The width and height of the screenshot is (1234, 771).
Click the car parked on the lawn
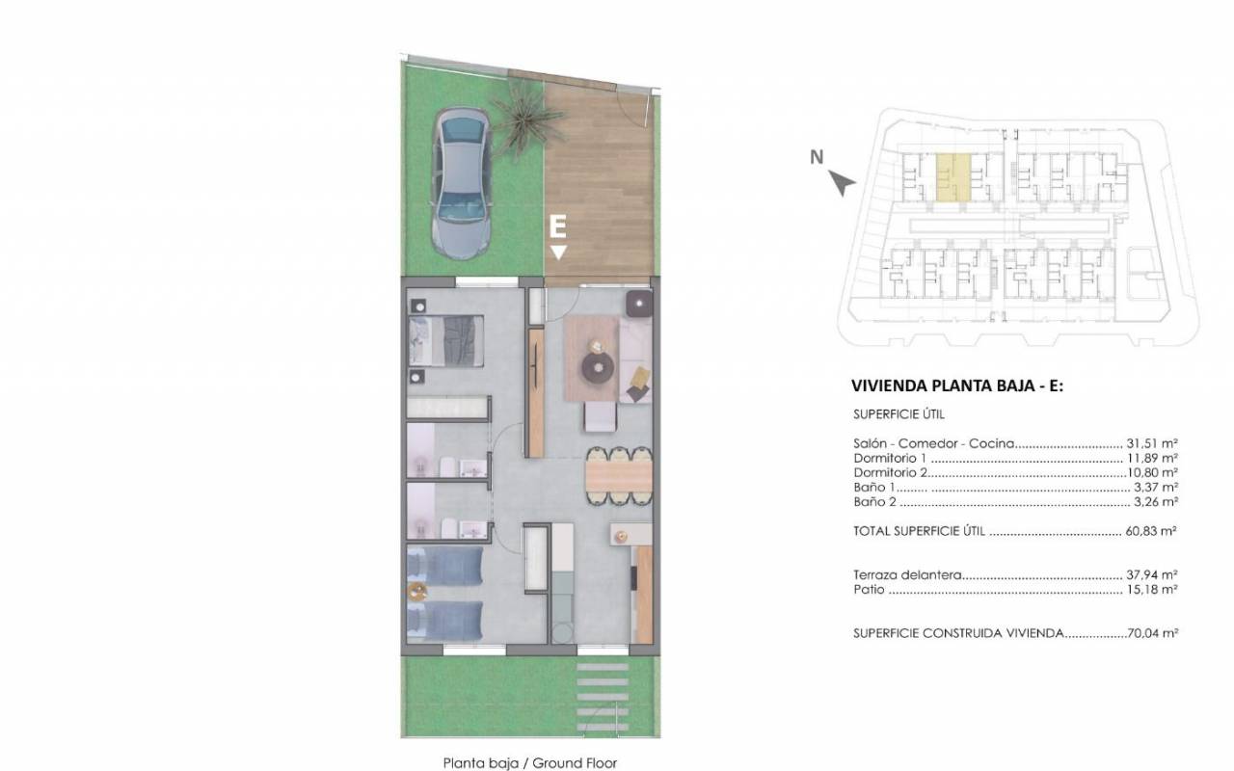pos(461,183)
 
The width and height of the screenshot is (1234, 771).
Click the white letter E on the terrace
pos(557,226)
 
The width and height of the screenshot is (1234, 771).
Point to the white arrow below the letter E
pos(558,253)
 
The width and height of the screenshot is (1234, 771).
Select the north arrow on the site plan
pos(843,182)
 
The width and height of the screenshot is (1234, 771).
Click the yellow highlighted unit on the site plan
pos(953,176)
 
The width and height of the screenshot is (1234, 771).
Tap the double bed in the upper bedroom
pos(446,341)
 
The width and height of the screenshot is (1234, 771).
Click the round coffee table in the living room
pos(598,367)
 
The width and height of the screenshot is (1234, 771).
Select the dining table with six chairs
pos(619,476)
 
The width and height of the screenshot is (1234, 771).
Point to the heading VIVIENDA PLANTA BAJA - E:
pos(957,386)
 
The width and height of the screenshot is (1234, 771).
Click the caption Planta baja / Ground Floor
pos(530,762)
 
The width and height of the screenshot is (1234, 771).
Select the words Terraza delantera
pos(907,575)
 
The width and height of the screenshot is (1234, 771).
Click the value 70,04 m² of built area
pos(1152,633)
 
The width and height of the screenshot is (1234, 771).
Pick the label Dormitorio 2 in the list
pos(890,472)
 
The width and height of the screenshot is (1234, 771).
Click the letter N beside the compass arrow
pos(817,157)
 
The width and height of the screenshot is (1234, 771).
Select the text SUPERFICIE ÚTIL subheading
pos(899,414)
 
